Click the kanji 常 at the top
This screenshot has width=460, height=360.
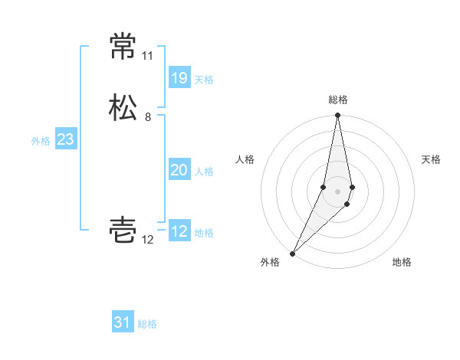[123, 47]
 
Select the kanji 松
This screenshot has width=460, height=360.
[123, 107]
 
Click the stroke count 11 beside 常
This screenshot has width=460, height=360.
[147, 56]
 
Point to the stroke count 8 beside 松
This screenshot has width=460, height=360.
[148, 117]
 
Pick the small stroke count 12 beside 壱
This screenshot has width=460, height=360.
[148, 240]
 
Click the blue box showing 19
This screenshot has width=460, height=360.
[179, 78]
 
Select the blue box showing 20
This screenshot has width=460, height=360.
[179, 170]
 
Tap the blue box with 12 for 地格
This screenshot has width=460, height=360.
[179, 231]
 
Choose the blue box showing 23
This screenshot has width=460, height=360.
[65, 139]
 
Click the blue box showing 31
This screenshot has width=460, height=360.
[123, 322]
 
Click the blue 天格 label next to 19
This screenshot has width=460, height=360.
[204, 79]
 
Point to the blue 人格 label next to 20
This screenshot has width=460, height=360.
[204, 171]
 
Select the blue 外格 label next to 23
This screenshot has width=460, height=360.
[41, 140]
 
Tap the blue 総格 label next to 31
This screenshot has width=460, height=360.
[147, 324]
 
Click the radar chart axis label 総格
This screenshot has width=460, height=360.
[338, 100]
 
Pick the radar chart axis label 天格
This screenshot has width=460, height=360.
[431, 159]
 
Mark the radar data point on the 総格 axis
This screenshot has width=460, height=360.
[338, 116]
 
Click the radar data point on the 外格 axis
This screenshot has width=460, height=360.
[293, 254]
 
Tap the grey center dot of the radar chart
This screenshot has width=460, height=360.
[338, 191]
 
